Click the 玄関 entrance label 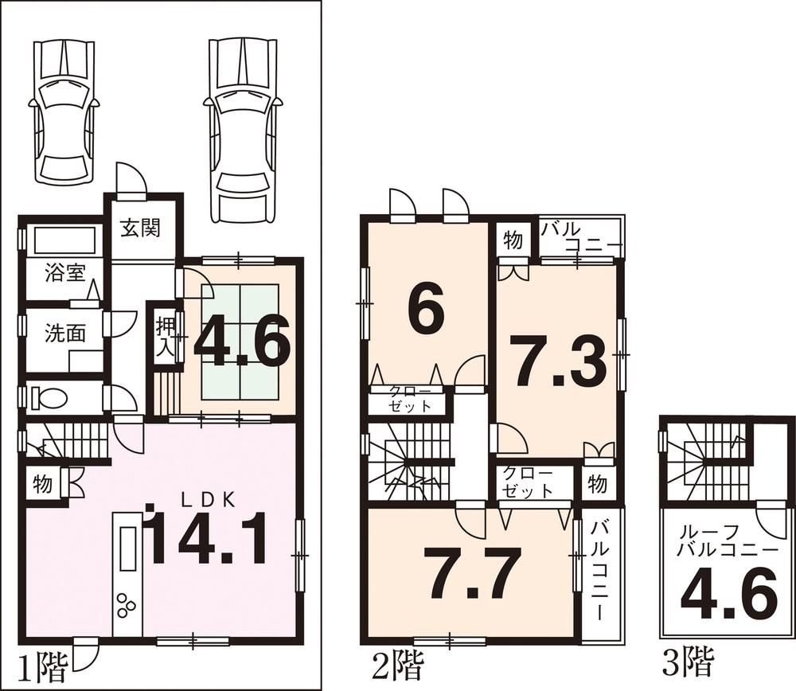coord(141,228)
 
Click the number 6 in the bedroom coord(425,312)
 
